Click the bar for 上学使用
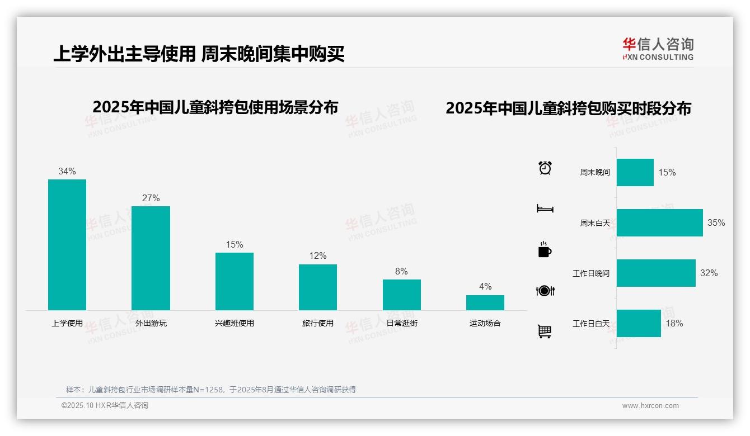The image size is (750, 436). click(67, 245)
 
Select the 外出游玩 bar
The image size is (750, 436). click(151, 258)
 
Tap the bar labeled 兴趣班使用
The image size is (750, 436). click(235, 281)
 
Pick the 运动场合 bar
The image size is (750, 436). click(485, 302)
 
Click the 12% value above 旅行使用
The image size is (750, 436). click(318, 256)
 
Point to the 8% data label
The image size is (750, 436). click(401, 272)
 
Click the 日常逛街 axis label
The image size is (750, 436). click(402, 323)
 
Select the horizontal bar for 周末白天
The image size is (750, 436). click(659, 223)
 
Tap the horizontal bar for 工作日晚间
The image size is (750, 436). click(656, 273)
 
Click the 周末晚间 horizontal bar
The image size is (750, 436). click(635, 173)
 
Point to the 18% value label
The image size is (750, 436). click(674, 324)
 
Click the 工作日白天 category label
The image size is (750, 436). click(591, 324)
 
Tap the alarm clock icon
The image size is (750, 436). click(545, 168)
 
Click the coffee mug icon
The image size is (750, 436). click(545, 250)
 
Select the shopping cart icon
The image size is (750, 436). click(545, 331)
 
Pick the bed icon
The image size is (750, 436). click(545, 208)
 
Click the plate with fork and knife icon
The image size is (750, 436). click(545, 291)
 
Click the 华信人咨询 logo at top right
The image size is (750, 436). click(658, 49)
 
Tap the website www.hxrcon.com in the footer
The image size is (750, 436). click(650, 406)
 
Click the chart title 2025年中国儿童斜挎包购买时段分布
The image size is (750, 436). click(568, 108)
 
